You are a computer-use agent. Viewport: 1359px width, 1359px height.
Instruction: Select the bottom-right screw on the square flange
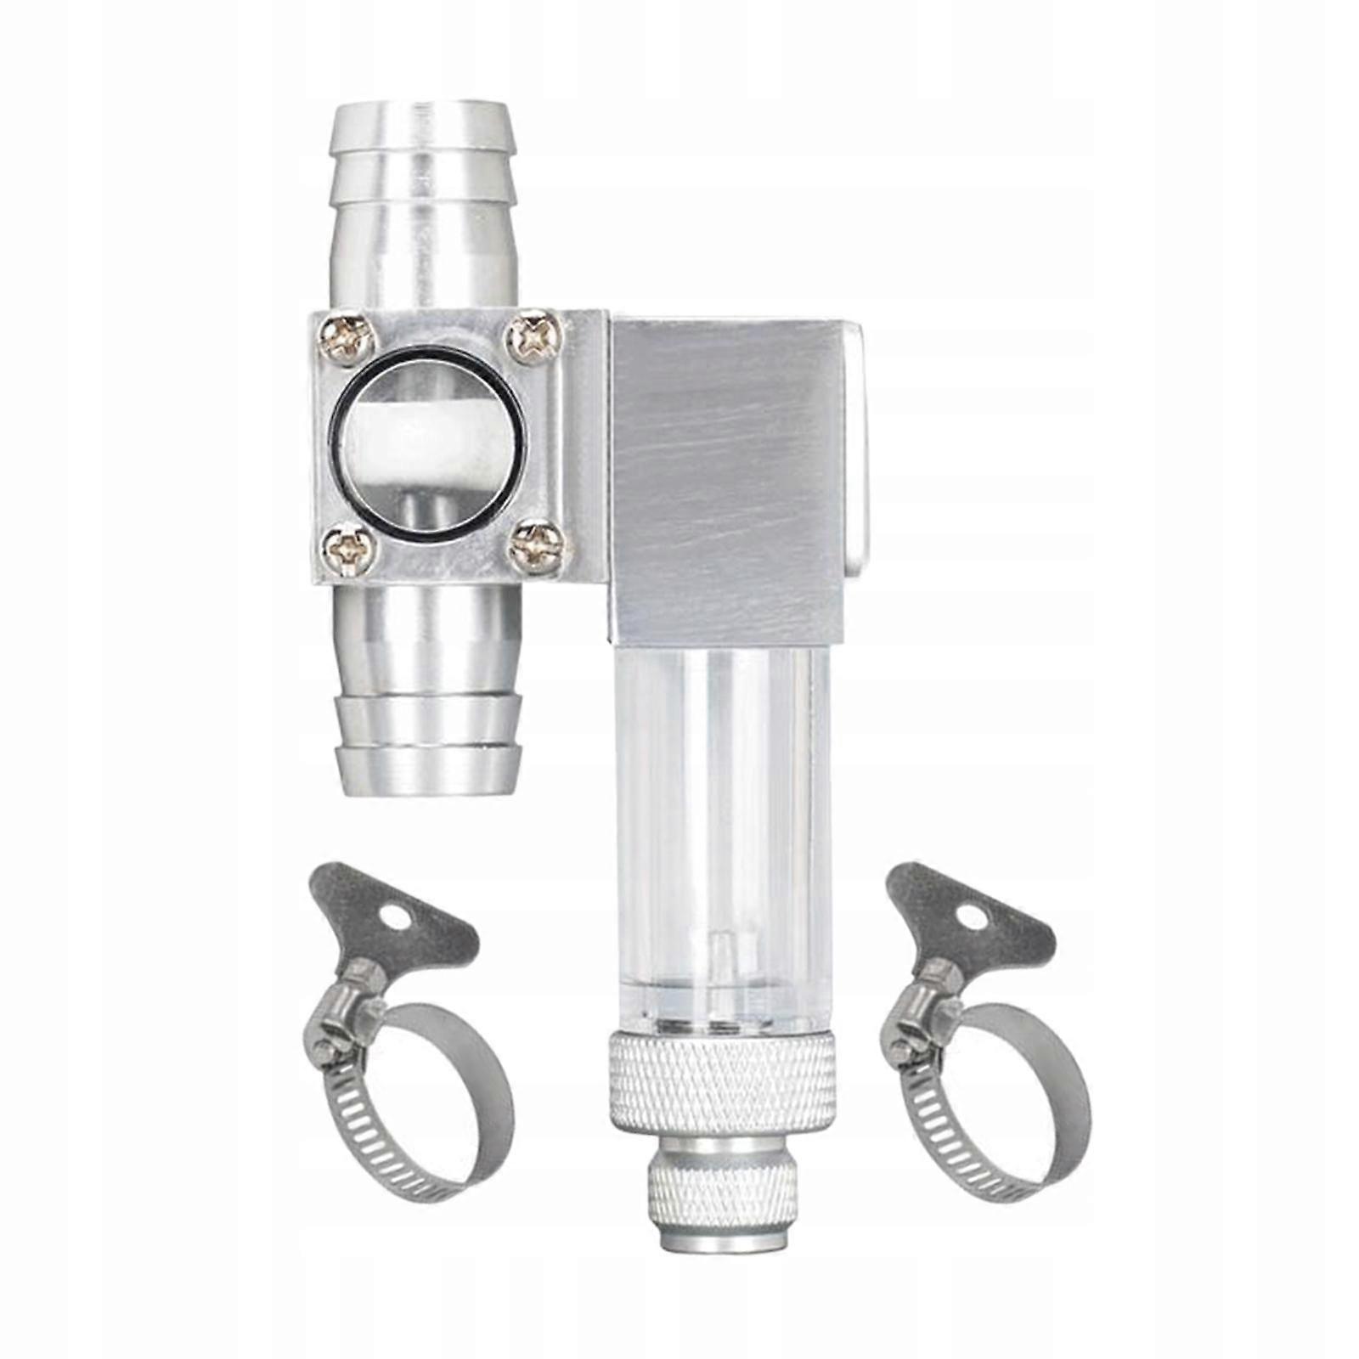[534, 544]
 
